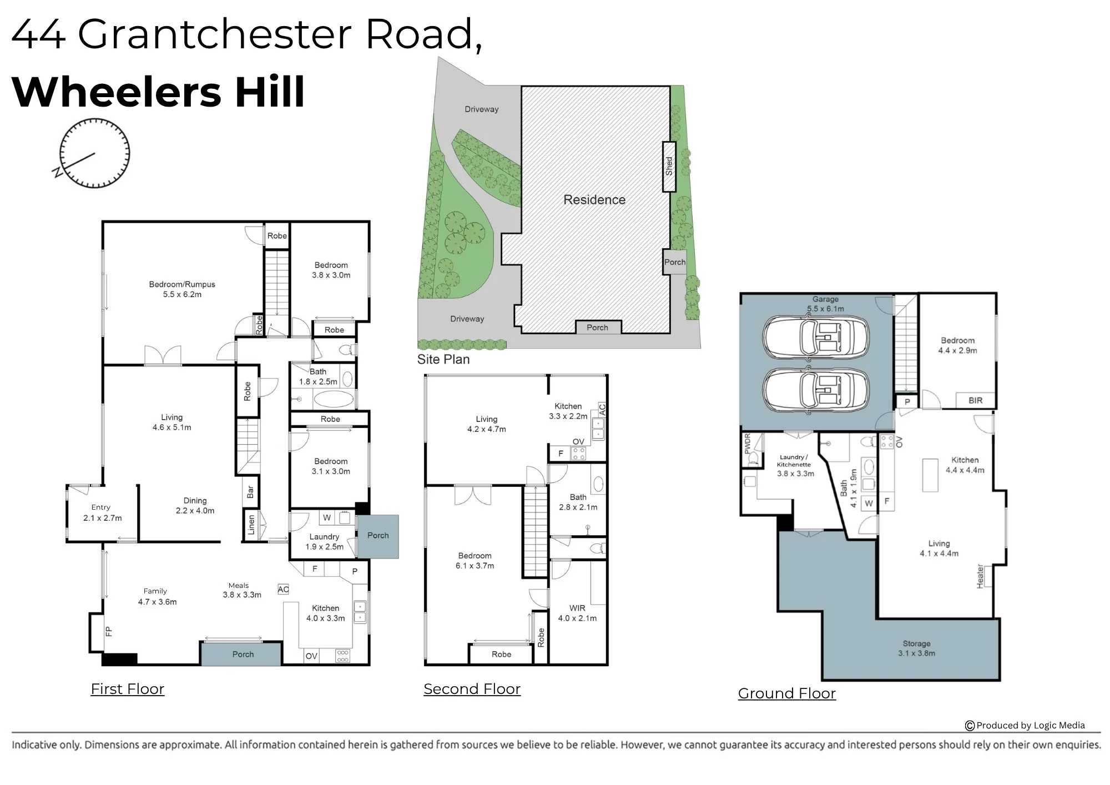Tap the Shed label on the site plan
(669, 167)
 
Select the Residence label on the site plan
(594, 200)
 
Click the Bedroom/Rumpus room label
(182, 289)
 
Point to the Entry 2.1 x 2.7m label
(102, 512)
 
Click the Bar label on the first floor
(250, 492)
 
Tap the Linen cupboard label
(251, 525)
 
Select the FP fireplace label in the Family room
(109, 631)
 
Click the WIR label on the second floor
(577, 608)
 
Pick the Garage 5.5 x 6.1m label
(825, 304)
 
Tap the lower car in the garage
(815, 390)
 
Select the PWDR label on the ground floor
(747, 444)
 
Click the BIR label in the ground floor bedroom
(975, 400)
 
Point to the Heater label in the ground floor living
(980, 577)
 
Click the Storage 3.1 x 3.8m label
(916, 648)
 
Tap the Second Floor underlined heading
(472, 689)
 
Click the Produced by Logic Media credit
(1025, 725)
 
